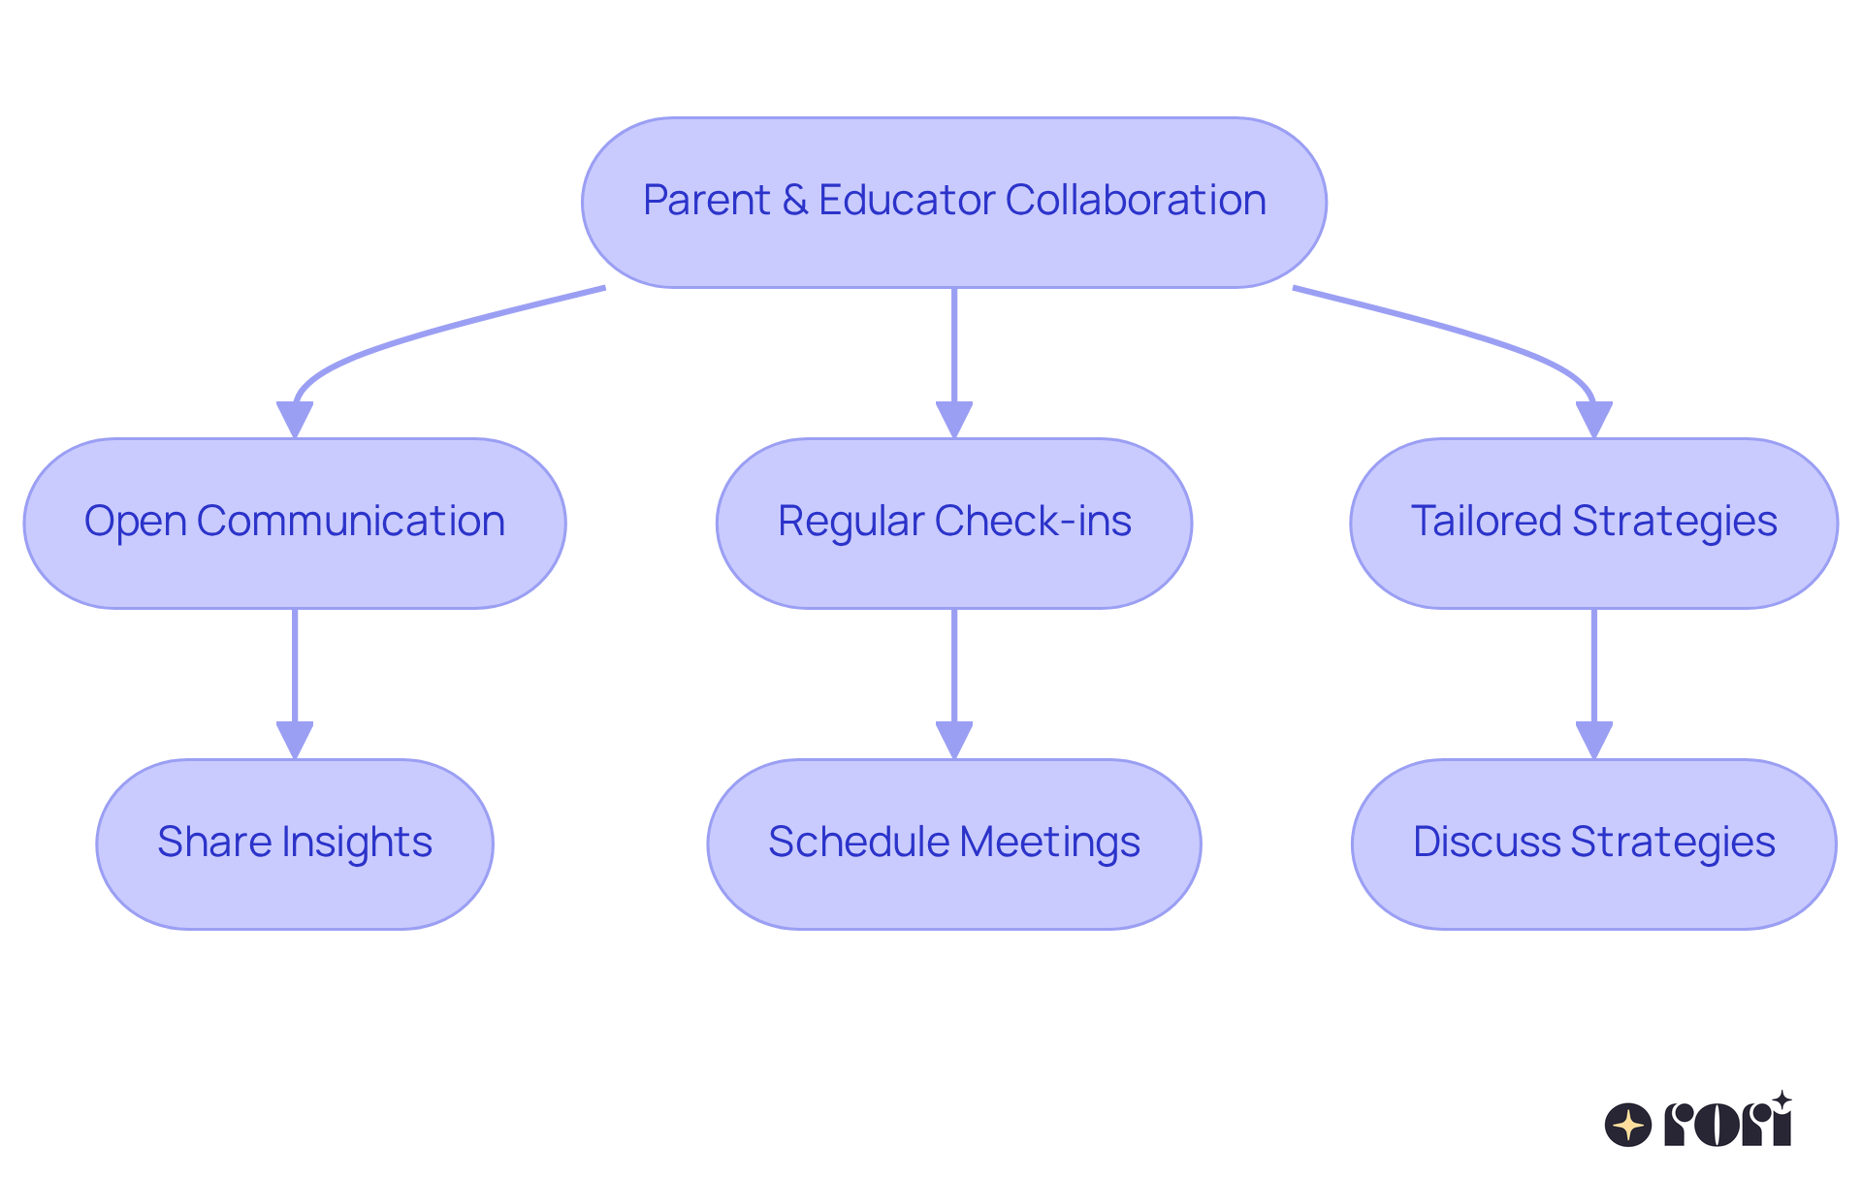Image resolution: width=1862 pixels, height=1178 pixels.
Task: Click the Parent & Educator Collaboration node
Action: click(x=953, y=203)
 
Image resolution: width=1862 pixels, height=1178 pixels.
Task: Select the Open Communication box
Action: click(x=295, y=524)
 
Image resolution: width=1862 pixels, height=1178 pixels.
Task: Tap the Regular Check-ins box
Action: click(x=953, y=524)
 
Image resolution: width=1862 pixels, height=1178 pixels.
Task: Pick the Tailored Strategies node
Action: click(x=1593, y=524)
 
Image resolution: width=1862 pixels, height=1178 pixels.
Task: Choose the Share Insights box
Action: click(x=295, y=844)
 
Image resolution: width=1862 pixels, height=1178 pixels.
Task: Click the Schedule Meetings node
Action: click(x=953, y=844)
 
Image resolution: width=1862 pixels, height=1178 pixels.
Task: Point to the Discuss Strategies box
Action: click(x=1593, y=844)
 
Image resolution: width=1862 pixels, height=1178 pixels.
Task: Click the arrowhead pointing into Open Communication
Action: click(x=295, y=420)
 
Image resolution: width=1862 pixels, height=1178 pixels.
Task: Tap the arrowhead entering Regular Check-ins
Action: click(x=954, y=420)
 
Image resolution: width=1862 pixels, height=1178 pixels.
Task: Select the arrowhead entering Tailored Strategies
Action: click(x=1593, y=420)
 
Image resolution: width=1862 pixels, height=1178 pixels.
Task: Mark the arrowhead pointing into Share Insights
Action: click(x=295, y=741)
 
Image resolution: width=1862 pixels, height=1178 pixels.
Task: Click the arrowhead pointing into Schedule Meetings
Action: click(x=954, y=741)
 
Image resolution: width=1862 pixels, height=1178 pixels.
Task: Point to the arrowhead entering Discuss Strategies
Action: click(x=1593, y=741)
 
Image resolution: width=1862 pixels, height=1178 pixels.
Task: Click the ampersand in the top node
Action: click(x=794, y=201)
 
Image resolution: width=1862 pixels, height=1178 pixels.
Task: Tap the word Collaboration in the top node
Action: click(x=1136, y=201)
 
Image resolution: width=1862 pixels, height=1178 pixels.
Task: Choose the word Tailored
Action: click(x=1486, y=522)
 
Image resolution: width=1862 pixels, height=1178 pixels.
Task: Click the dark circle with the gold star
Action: click(x=1628, y=1125)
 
